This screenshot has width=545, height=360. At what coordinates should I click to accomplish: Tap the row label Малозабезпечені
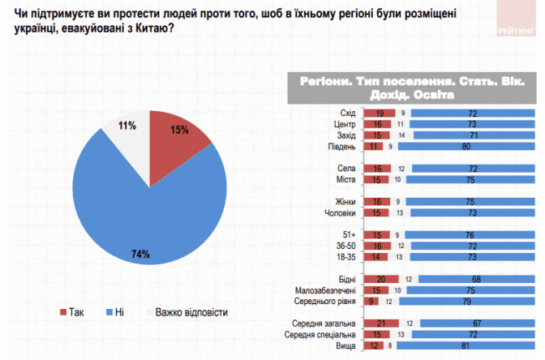(328, 289)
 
